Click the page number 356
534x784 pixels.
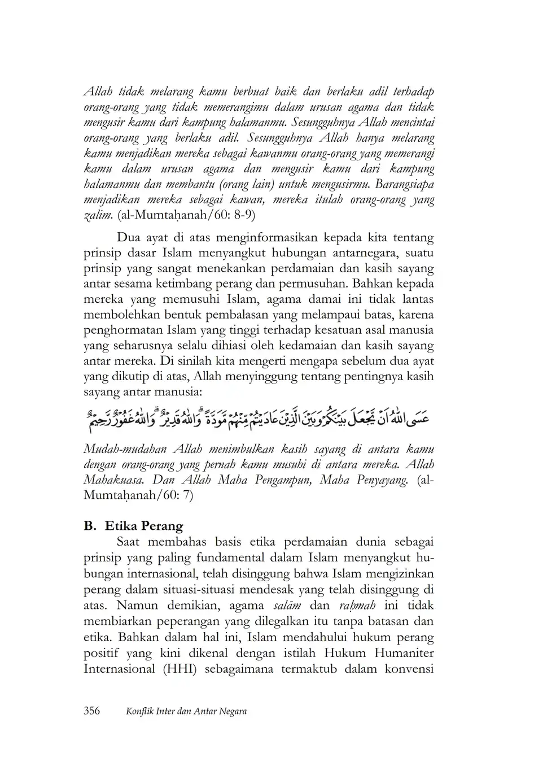click(x=91, y=711)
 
